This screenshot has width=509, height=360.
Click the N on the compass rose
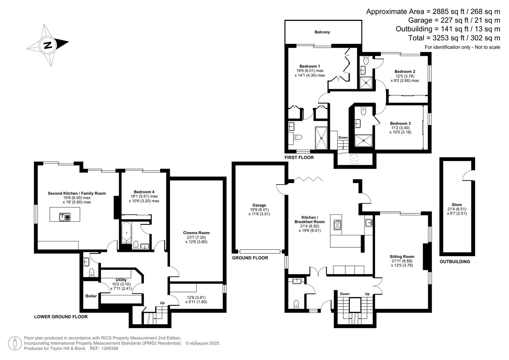coord(48,45)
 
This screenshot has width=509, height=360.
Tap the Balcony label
coord(322,32)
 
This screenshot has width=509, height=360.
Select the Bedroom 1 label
coord(309,66)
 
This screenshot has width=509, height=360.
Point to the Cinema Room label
coord(196,233)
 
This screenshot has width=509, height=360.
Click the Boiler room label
coord(91,296)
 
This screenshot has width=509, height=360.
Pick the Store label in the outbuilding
coord(457,205)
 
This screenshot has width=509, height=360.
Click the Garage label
coord(259,205)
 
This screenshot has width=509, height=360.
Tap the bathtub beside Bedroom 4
coord(126,233)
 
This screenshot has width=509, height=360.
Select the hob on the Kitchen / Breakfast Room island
coord(337,225)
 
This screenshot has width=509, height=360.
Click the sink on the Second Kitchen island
coord(65,217)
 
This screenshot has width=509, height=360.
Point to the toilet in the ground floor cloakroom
coord(296,304)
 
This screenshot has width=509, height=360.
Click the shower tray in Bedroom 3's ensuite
coord(363,140)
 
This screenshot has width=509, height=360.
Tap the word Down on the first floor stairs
coord(343,137)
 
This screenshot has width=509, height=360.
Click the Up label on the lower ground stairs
coord(162,303)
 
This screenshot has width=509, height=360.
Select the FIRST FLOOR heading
coord(299,157)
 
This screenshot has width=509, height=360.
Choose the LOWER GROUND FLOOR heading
coord(61,317)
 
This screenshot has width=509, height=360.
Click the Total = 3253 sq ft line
coord(454,38)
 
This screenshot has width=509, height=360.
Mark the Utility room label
coord(121,280)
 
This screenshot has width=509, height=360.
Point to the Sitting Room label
coord(402,257)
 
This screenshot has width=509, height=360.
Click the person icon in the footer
coord(15,343)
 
